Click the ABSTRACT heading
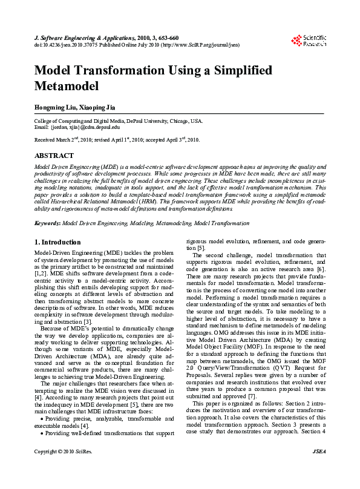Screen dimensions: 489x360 [54, 156]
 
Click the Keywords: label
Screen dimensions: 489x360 [48, 223]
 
